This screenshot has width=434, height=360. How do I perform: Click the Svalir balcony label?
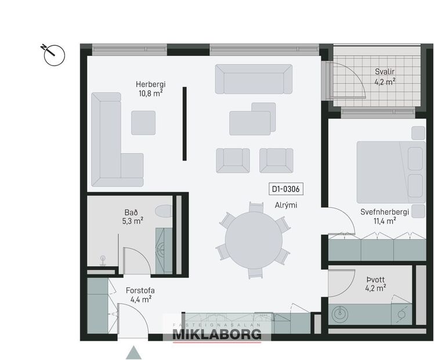(x=384, y=73)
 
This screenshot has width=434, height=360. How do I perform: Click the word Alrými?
(x=287, y=205)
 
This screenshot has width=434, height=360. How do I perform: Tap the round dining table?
(x=254, y=239)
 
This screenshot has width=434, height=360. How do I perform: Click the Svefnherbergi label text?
(x=384, y=211)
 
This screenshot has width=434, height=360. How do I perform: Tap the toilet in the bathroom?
(x=164, y=211)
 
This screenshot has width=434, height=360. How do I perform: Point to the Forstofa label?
(x=140, y=290)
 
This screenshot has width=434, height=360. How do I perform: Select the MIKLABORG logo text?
(x=216, y=334)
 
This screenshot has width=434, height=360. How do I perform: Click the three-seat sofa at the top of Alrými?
(x=254, y=79)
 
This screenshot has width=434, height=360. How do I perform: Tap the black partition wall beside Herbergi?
(x=185, y=124)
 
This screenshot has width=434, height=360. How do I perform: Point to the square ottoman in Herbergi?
(x=143, y=123)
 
